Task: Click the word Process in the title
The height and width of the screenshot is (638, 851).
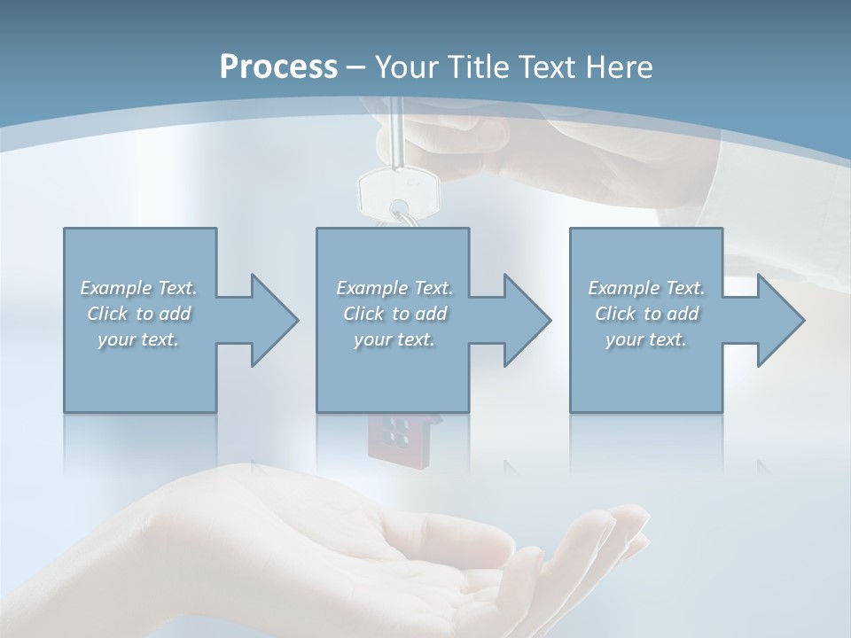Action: (x=278, y=67)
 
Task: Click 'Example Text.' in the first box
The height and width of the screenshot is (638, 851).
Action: (x=138, y=288)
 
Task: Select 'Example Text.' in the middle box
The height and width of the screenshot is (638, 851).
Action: (x=394, y=288)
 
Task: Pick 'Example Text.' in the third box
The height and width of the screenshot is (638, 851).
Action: (x=646, y=288)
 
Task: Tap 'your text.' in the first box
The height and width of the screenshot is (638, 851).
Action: (x=138, y=339)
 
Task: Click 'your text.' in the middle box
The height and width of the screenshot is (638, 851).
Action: (x=394, y=339)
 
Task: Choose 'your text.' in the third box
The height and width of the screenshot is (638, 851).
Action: (x=646, y=339)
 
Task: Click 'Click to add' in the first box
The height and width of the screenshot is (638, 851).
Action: (x=138, y=314)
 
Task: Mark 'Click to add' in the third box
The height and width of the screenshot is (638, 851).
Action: (x=646, y=314)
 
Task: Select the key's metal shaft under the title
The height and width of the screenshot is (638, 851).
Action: (x=397, y=133)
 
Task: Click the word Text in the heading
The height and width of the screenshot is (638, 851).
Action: (x=543, y=67)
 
